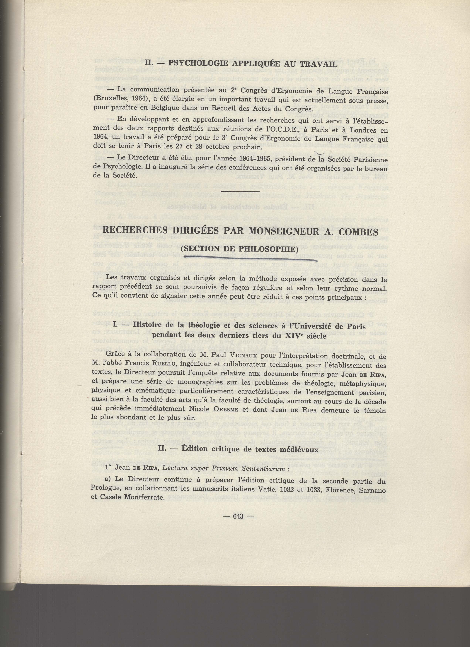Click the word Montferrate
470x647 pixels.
coord(144,498)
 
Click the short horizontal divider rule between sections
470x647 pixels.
coord(240,191)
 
